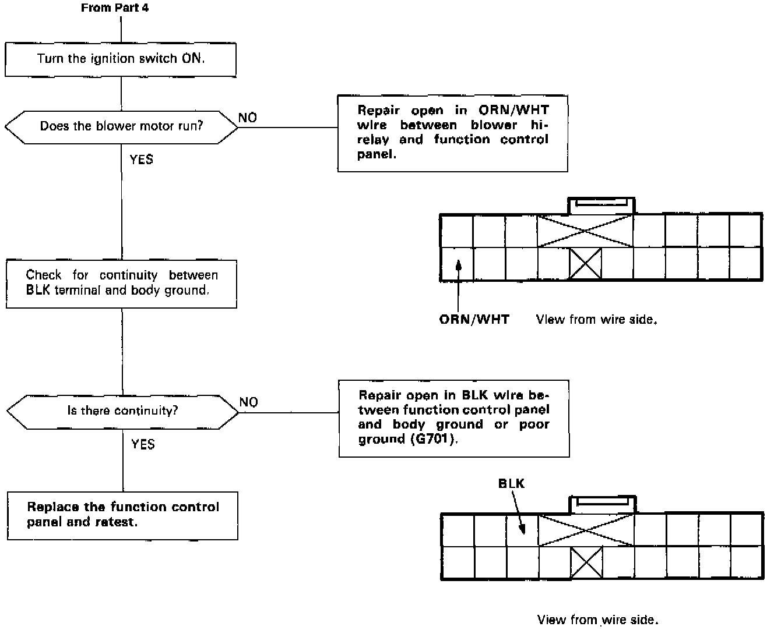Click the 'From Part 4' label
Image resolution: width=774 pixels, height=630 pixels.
tap(115, 8)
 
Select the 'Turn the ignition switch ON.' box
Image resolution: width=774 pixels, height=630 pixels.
tap(121, 59)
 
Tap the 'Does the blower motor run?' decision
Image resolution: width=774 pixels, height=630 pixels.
tap(121, 126)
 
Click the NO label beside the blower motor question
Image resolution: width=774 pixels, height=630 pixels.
tap(248, 118)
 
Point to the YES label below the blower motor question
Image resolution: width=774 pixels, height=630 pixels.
tap(142, 160)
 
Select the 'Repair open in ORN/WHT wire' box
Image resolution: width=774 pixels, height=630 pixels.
tap(452, 133)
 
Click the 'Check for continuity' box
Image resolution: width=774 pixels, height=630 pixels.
tap(121, 284)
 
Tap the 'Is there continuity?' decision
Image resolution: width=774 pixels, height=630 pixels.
tap(122, 411)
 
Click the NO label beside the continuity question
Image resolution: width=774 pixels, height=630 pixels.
tap(249, 402)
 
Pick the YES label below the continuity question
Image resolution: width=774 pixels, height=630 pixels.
tap(143, 445)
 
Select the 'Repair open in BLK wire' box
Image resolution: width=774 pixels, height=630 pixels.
tap(453, 418)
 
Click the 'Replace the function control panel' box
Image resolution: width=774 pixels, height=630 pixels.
tap(122, 515)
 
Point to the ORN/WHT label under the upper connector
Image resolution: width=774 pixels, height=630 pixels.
tap(474, 320)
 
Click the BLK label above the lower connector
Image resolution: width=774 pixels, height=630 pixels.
tap(511, 483)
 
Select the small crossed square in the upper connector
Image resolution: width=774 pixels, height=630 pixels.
tap(585, 263)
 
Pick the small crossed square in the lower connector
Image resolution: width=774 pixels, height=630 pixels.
tap(586, 563)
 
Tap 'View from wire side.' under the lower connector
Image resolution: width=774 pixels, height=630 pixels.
tap(597, 620)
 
